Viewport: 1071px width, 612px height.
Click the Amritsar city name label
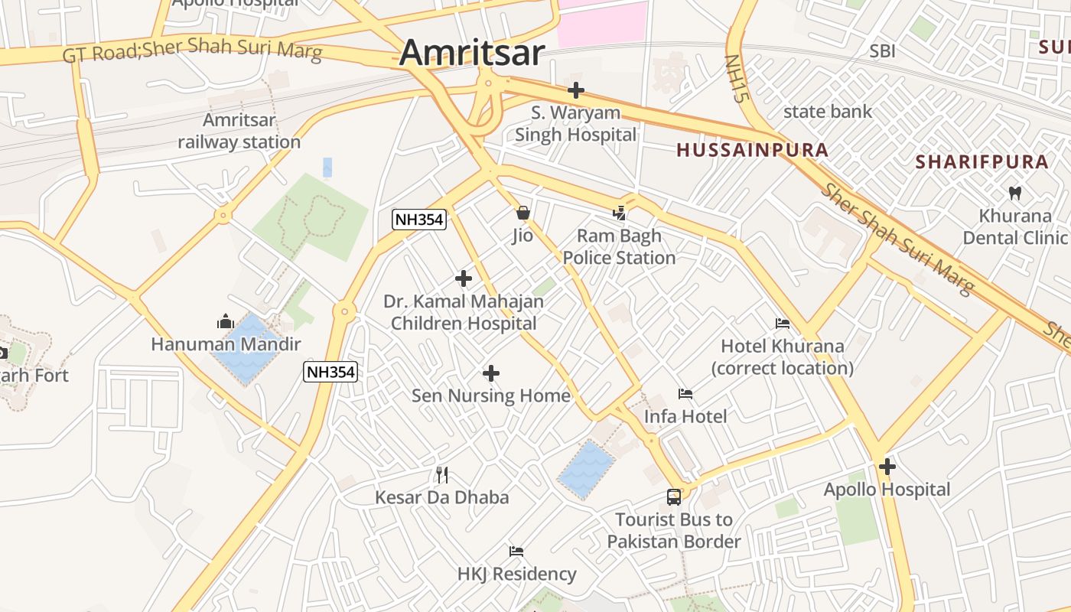pos(472,53)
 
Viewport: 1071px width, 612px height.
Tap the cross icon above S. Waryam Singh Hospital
pos(576,90)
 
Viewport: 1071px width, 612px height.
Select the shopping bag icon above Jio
pos(523,212)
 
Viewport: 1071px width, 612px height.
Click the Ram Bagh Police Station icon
pos(620,213)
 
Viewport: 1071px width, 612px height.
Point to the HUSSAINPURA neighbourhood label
pos(753,150)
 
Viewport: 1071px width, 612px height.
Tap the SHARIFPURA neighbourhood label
pos(982,162)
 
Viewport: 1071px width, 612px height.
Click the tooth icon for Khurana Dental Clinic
pos(1015,193)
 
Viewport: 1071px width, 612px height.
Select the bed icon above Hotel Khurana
pos(783,324)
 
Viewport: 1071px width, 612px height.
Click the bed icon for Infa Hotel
pos(685,394)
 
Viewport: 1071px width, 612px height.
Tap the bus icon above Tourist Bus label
pos(674,497)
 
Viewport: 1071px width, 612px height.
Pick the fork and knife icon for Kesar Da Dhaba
pos(441,475)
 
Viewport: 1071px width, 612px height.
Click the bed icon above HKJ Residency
pos(516,552)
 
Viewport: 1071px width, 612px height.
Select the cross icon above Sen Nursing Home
pos(491,373)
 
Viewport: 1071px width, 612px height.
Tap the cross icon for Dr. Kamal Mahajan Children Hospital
pos(464,278)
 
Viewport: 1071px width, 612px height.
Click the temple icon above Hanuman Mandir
pos(226,322)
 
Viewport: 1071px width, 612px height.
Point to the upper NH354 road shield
pos(419,220)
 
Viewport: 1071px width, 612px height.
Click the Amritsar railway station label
pos(239,131)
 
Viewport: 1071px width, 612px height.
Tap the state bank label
pos(827,112)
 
